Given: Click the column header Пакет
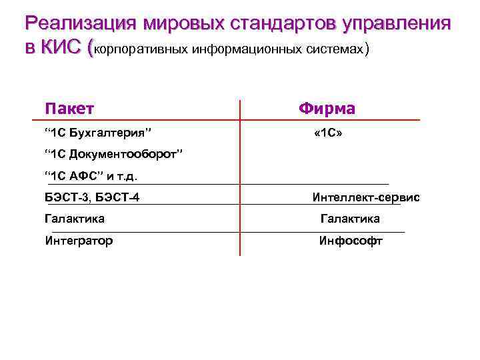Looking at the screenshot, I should pyautogui.click(x=69, y=109).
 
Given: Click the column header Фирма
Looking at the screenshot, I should pyautogui.click(x=327, y=109).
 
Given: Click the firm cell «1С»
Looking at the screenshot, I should pyautogui.click(x=327, y=133).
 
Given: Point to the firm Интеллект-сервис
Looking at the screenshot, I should pyautogui.click(x=366, y=197).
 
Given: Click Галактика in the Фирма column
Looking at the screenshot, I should pyautogui.click(x=350, y=219).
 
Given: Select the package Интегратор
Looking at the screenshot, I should pyautogui.click(x=79, y=241).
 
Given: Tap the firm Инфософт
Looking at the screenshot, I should pyautogui.click(x=351, y=241).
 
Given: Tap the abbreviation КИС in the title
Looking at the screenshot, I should pyautogui.click(x=63, y=48).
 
